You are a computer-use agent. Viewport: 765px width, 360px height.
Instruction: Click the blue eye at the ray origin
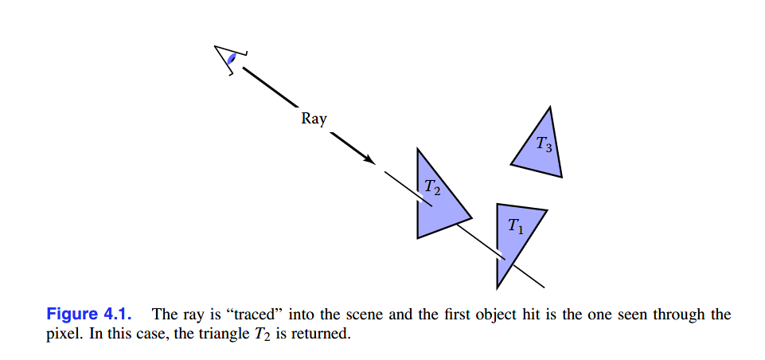(x=232, y=58)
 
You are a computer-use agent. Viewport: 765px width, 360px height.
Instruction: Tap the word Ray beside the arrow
(x=314, y=119)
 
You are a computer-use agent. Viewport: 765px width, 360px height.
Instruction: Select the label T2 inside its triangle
(x=431, y=188)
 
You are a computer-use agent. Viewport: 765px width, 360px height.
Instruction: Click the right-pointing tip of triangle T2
(x=470, y=216)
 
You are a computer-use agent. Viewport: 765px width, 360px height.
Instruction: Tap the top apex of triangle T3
(x=548, y=108)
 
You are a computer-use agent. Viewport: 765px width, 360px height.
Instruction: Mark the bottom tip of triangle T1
(x=498, y=286)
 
